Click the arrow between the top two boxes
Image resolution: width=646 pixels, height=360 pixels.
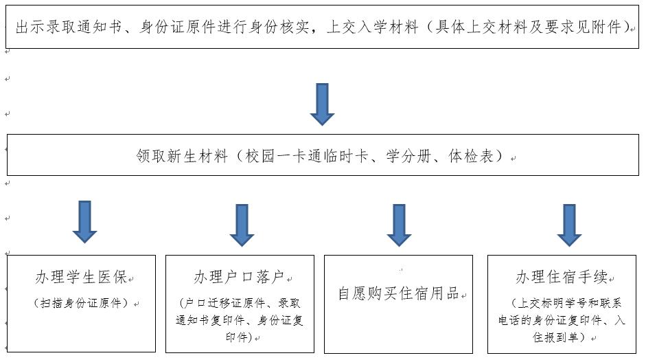(x=322, y=104)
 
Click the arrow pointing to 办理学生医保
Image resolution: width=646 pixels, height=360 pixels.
(x=84, y=222)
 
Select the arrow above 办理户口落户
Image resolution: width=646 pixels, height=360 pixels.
(x=242, y=225)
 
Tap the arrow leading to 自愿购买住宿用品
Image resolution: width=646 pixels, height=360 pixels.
(x=399, y=225)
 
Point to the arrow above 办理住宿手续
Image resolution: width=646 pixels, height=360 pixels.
(x=569, y=225)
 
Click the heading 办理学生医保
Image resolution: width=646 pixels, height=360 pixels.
(x=81, y=277)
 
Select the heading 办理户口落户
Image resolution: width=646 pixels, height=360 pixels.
(x=239, y=277)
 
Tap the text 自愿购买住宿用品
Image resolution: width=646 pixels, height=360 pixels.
(x=398, y=293)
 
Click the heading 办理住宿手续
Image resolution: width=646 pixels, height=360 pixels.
(x=562, y=277)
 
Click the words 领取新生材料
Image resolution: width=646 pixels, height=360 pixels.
(x=182, y=156)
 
